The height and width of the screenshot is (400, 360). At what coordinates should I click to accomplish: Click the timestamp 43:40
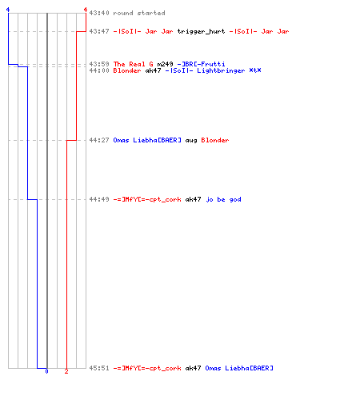point(99,13)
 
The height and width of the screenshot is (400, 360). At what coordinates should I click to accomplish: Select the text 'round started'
point(139,13)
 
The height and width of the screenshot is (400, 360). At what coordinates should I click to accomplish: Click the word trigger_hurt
point(201,32)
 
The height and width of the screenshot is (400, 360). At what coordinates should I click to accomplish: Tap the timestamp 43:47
point(99,31)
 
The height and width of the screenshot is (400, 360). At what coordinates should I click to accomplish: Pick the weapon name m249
point(165,64)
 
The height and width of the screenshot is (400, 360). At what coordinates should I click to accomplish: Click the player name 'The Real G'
point(134,64)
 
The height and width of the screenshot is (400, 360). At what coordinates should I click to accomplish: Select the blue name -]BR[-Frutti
point(201,64)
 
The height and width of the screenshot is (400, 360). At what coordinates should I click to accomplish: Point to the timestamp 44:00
point(99,70)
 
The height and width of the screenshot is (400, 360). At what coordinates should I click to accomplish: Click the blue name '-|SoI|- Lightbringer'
point(205,71)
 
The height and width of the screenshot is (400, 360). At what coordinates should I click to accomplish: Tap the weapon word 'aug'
point(191,141)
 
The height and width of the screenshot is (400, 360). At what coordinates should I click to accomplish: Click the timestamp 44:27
point(99,140)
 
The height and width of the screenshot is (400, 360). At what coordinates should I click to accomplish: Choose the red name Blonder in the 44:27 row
point(215,140)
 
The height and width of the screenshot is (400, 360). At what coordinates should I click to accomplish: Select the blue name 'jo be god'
point(223,200)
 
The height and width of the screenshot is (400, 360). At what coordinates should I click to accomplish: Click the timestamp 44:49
point(99,199)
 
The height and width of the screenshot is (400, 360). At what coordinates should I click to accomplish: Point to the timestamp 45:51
point(99,368)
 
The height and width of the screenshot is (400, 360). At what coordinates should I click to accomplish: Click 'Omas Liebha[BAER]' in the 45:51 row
point(239,368)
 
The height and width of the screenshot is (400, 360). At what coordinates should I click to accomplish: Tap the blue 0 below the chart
point(46,371)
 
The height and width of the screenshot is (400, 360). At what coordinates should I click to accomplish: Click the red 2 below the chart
point(66,371)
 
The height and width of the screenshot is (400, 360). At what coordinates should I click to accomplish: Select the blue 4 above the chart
point(8,10)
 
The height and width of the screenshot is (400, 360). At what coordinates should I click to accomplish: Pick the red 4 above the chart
point(86,10)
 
